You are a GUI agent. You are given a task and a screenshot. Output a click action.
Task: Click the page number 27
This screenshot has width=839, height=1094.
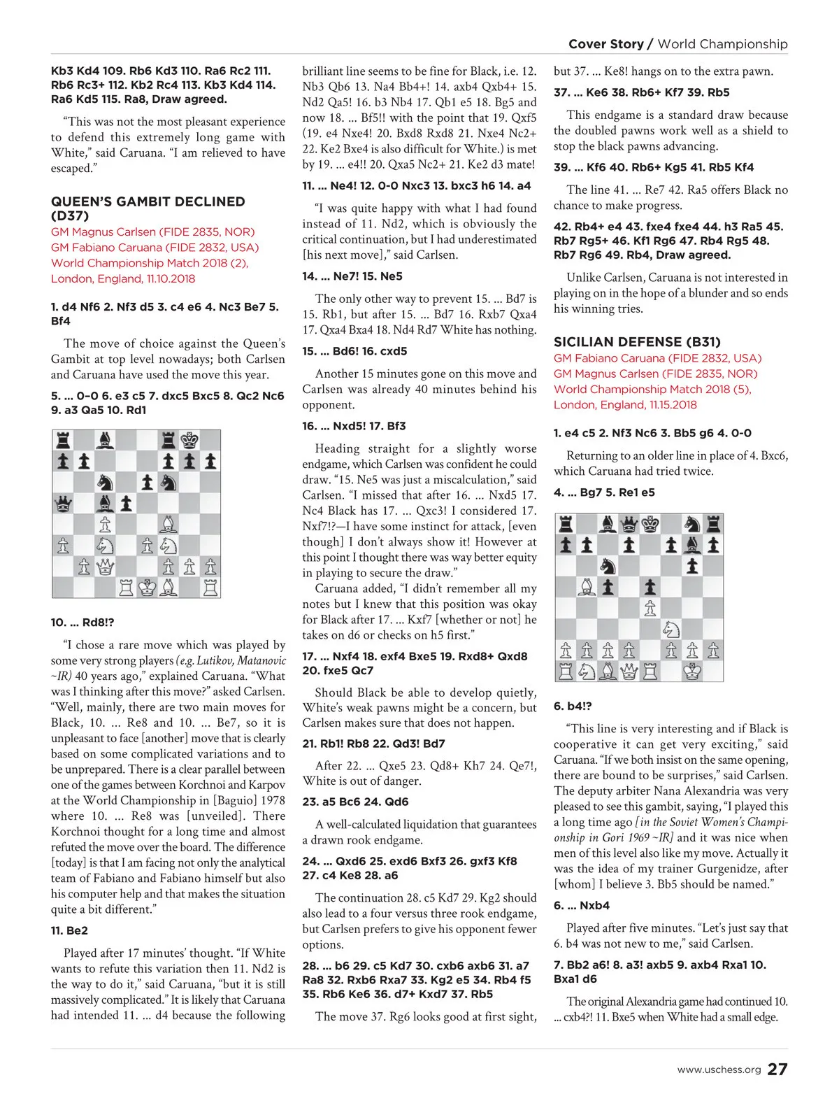tap(777, 1069)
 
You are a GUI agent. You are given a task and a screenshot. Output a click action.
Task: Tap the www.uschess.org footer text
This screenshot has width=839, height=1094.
tap(719, 1070)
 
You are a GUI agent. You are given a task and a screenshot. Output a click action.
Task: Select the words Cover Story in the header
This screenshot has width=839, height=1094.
tap(605, 44)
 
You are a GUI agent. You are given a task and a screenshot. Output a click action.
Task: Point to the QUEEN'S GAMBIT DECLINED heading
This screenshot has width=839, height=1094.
tap(148, 201)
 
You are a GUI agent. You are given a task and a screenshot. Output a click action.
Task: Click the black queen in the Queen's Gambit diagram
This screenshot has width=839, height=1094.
tap(63, 503)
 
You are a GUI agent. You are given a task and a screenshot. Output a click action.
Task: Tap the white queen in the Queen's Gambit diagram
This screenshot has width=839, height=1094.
tap(105, 566)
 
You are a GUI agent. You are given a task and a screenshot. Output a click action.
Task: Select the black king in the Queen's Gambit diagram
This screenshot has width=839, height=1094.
tap(189, 441)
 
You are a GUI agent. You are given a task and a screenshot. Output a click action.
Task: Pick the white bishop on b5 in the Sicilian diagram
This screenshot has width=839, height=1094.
tap(587, 588)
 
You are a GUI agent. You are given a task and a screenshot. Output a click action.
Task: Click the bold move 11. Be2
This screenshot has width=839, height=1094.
tap(69, 930)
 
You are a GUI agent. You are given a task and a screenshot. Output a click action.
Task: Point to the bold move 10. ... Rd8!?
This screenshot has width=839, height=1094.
tap(83, 622)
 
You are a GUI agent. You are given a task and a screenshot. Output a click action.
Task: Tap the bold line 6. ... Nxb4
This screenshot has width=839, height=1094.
tap(582, 905)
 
